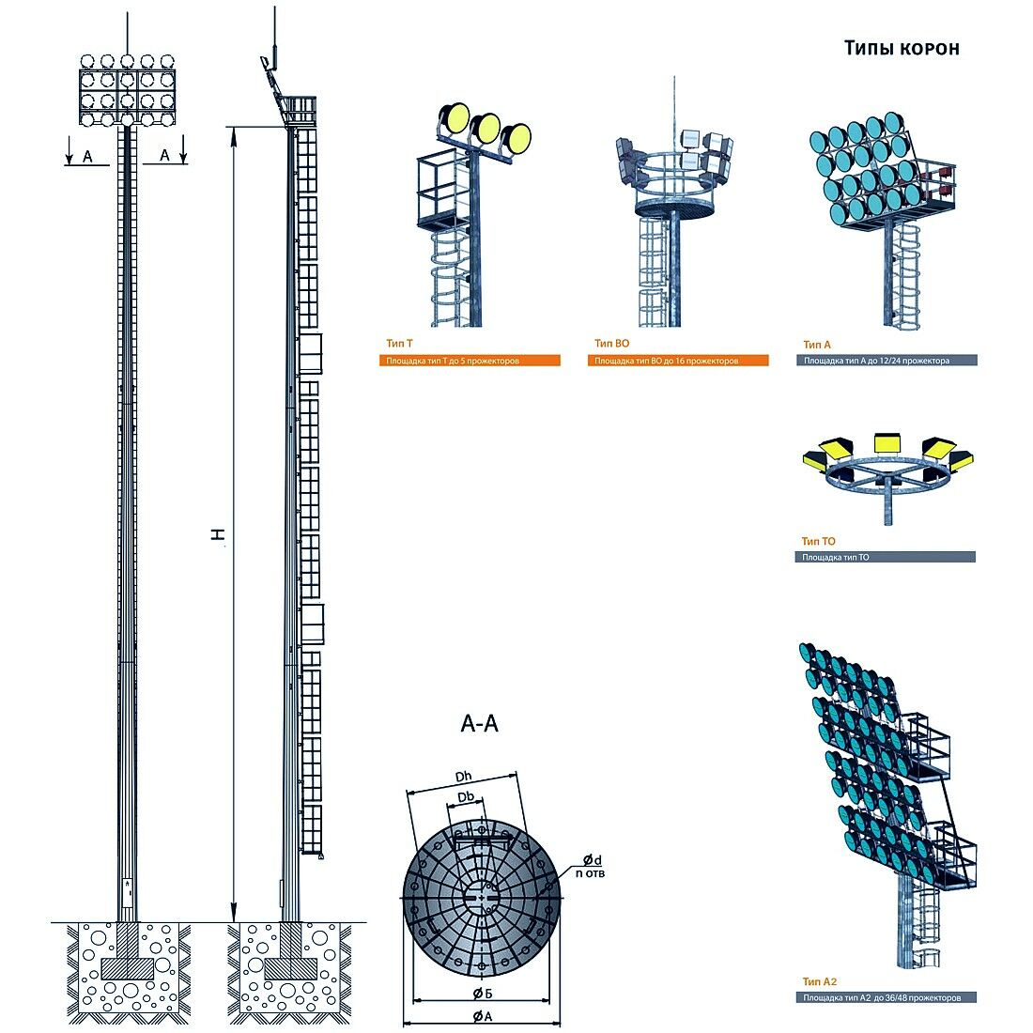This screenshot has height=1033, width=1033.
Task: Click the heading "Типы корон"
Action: click(902, 48)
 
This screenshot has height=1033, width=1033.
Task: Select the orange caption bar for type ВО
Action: click(678, 361)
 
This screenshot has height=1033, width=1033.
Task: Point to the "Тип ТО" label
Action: click(818, 541)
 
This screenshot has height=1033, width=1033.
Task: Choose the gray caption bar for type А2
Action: click(886, 997)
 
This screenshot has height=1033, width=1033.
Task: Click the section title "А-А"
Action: click(479, 724)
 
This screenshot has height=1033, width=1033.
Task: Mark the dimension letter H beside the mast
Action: click(218, 534)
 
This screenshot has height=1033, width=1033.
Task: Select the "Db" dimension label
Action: click(466, 797)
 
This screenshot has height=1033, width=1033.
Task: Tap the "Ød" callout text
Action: click(592, 860)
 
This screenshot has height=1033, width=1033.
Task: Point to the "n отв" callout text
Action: click(590, 874)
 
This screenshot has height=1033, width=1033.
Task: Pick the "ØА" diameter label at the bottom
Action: click(483, 1016)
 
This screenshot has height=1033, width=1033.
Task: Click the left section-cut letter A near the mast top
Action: click(87, 156)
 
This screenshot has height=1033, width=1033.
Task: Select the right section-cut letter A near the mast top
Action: click(164, 155)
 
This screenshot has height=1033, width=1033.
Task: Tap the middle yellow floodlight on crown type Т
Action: click(486, 127)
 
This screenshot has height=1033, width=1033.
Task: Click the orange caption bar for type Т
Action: click(470, 361)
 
